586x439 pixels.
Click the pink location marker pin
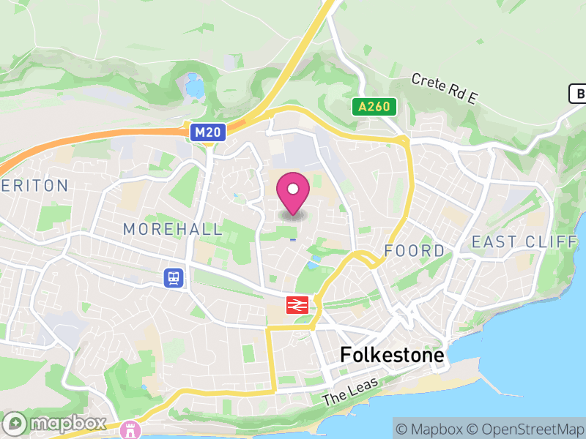[293, 192]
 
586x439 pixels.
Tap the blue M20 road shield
[208, 132]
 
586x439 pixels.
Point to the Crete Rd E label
[444, 89]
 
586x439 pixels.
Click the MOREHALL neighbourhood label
[173, 229]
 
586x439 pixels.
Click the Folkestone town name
[392, 356]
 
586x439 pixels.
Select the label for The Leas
[350, 391]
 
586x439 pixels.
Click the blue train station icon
[174, 277]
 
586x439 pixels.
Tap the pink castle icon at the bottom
[131, 428]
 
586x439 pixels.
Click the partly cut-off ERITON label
[34, 186]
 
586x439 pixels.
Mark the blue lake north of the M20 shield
[195, 86]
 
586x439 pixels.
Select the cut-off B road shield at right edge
[578, 94]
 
